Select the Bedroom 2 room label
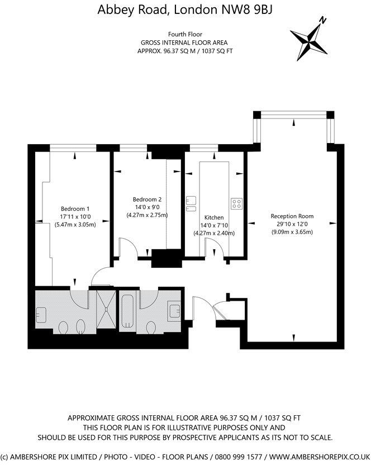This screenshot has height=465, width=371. tap(147, 200)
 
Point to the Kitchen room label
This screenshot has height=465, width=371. tap(214, 217)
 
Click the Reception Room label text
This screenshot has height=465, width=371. tap(292, 216)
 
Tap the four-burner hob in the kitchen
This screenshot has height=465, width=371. tap(236, 203)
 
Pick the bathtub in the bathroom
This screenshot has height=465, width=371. tap(127, 311)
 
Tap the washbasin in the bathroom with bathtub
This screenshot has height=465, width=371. tap(175, 310)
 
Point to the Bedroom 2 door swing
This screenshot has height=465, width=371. tap(127, 246)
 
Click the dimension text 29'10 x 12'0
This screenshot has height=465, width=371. tap(292, 224)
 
